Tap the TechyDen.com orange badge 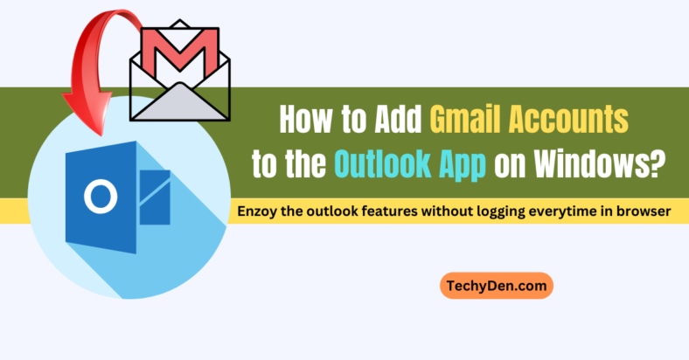point(495,286)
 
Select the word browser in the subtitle point(644,211)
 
